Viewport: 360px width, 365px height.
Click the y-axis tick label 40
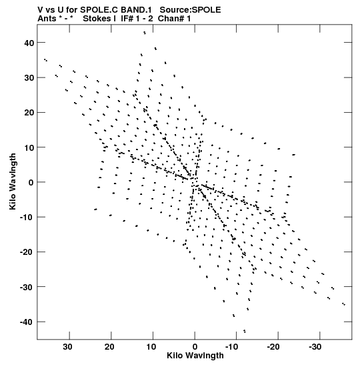point(29,43)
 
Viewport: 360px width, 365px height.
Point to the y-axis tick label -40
point(27,322)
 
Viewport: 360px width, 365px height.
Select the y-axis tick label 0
point(31,183)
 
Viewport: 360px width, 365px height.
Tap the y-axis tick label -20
point(27,252)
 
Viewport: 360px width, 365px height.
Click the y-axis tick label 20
point(29,113)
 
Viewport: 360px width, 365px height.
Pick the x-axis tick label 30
point(67,347)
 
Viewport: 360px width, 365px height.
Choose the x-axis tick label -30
point(315,347)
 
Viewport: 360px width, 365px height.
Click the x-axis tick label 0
point(195,347)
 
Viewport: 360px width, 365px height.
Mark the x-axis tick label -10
point(231,347)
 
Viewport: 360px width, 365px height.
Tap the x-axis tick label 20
point(109,347)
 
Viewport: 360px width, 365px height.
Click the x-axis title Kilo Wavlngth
point(195,356)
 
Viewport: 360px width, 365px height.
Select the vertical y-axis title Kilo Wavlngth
point(13,181)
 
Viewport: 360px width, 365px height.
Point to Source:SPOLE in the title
point(190,10)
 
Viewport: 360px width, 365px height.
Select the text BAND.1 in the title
point(136,10)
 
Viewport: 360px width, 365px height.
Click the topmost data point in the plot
point(145,33)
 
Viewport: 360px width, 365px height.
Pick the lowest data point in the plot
point(245,331)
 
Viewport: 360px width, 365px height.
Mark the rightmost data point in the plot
point(344,304)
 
